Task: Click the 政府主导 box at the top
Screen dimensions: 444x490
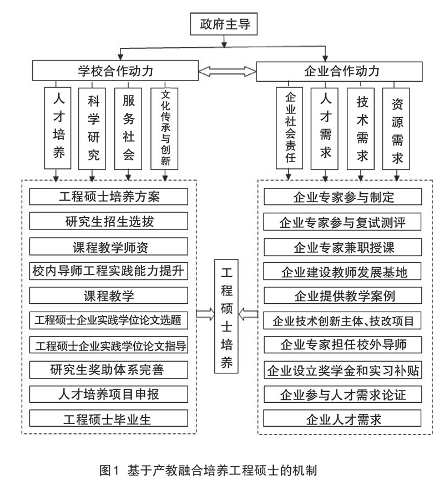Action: coord(224,24)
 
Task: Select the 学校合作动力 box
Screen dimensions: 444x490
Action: coord(115,71)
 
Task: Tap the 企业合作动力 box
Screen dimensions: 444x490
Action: coord(339,72)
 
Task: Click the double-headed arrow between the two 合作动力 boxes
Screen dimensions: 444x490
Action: coord(228,71)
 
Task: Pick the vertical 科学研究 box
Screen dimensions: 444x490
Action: coord(92,128)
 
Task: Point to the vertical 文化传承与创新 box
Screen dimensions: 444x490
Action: coord(164,128)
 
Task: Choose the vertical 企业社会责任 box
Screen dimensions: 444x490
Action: coord(290,128)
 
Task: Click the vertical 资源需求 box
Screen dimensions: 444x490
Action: coord(396,128)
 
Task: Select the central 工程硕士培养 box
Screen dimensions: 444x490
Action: coord(226,316)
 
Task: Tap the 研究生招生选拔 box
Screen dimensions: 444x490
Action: coord(109,221)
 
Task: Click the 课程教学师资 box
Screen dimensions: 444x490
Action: coord(109,247)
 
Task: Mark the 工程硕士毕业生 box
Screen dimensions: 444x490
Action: coord(109,418)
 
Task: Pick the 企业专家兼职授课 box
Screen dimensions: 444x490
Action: coord(343,247)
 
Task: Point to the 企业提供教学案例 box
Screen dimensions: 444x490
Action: coord(343,296)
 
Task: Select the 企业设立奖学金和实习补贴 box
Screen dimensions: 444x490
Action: coord(343,370)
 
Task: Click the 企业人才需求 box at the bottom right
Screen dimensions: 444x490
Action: coord(342,418)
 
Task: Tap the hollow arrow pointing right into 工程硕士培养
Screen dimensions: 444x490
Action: coord(205,314)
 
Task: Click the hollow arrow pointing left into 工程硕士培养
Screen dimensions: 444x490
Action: coord(249,314)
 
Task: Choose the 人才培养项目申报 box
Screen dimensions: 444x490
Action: coord(109,394)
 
